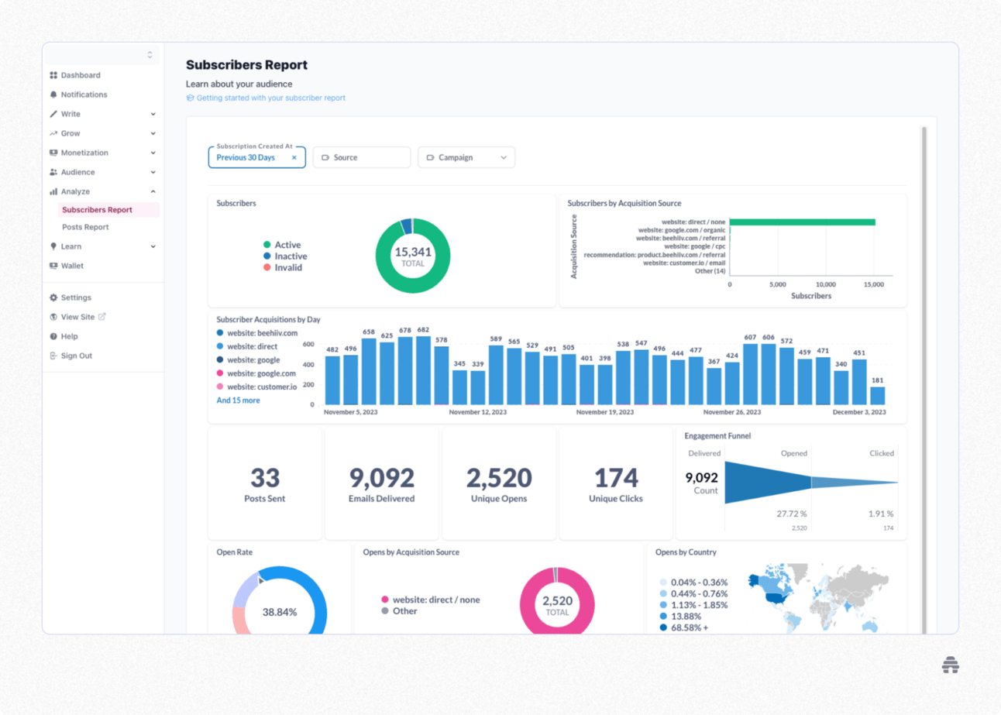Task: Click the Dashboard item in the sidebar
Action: [x=81, y=75]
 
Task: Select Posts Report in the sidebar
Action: [x=85, y=227]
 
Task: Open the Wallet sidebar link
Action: [x=72, y=266]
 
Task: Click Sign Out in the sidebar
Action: [x=76, y=356]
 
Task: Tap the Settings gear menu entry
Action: [x=76, y=297]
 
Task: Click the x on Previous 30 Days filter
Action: [x=294, y=157]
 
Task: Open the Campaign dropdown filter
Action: [x=466, y=157]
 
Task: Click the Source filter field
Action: [x=362, y=157]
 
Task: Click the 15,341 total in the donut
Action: [x=413, y=252]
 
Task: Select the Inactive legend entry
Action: [x=291, y=256]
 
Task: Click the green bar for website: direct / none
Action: [x=802, y=222]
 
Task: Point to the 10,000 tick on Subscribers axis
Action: [x=826, y=284]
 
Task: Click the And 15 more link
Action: [x=238, y=400]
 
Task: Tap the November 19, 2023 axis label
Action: [x=604, y=413]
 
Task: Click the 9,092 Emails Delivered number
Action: [x=381, y=478]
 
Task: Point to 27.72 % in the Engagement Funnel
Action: [x=791, y=514]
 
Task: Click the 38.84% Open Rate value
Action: [x=280, y=612]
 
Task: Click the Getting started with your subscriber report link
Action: [x=270, y=98]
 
